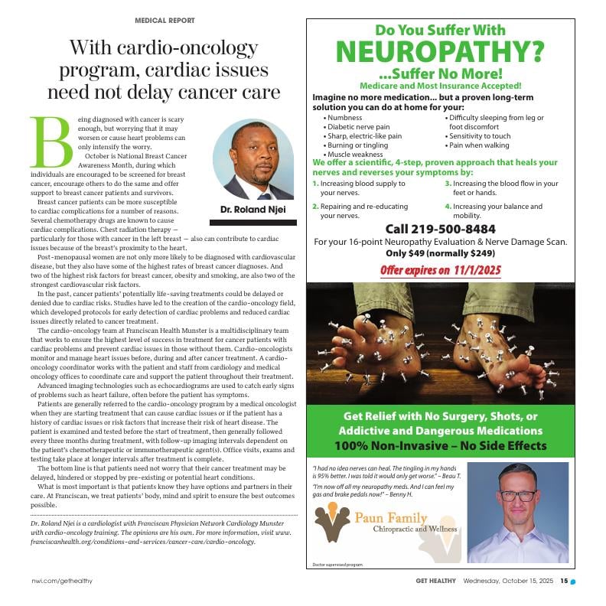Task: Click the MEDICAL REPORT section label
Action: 165,21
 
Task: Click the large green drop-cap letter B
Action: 51,142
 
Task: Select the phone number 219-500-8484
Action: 440,229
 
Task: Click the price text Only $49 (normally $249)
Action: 440,253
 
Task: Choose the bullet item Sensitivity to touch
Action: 479,136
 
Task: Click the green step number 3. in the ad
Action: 448,184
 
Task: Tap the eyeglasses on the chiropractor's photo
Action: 518,495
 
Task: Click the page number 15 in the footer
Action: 563,580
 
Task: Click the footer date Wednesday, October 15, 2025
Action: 508,580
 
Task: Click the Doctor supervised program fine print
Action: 337,565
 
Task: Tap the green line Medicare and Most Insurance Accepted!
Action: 440,86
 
